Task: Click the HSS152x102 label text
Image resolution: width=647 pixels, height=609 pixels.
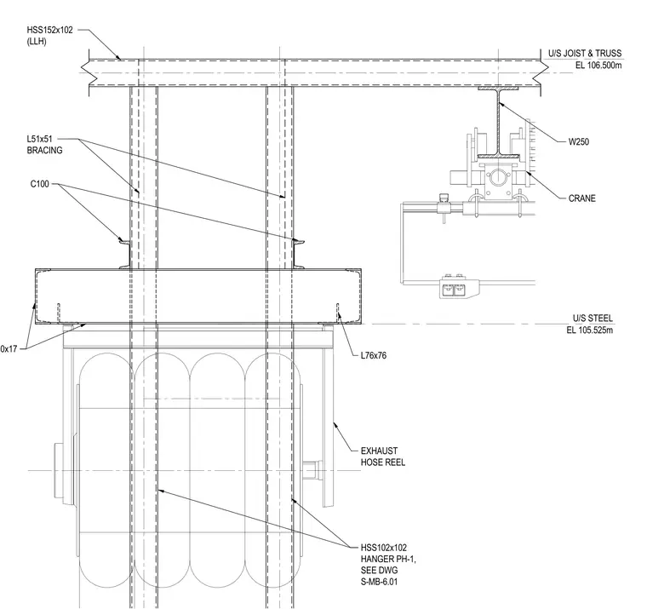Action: coord(49,30)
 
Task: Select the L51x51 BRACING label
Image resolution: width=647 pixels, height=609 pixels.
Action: coord(44,145)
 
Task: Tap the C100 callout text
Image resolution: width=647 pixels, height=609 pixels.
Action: coord(40,184)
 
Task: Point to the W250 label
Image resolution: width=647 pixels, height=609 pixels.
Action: coord(579,142)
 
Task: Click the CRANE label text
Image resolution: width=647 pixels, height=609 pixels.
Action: coord(581,198)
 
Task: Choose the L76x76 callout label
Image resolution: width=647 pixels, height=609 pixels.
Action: coord(374,355)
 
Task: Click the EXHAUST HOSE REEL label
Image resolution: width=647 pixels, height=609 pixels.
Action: coord(383,457)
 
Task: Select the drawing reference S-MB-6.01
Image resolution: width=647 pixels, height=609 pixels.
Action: coord(379,582)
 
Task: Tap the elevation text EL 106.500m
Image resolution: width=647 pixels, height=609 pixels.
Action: coord(598,66)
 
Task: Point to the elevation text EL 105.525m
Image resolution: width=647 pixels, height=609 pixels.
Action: coord(590,330)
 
